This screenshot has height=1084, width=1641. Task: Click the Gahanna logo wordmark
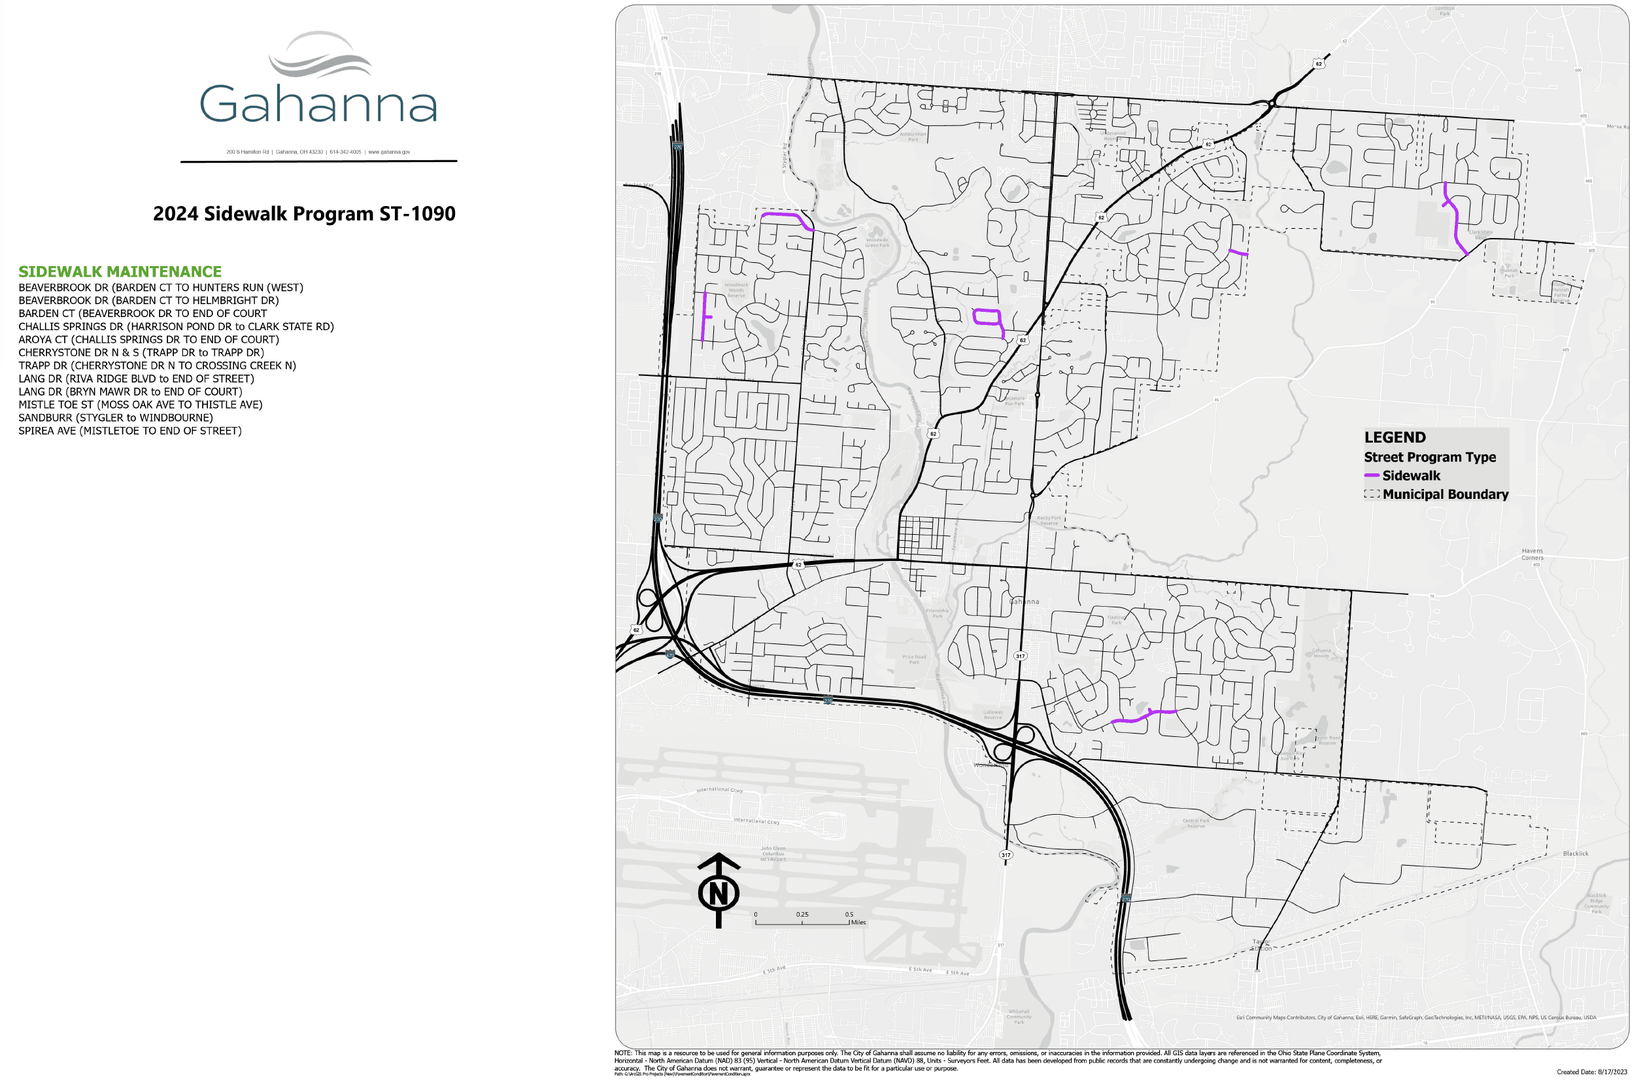pyautogui.click(x=318, y=104)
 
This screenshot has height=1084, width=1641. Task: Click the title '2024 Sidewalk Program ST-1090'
pyautogui.click(x=304, y=214)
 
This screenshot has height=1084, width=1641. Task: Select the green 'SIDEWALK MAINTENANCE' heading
pyautogui.click(x=120, y=272)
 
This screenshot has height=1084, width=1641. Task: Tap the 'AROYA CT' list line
pyautogui.click(x=148, y=339)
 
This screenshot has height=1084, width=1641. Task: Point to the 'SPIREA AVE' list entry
pyautogui.click(x=130, y=431)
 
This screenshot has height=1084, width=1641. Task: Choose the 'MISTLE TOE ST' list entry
pyautogui.click(x=141, y=405)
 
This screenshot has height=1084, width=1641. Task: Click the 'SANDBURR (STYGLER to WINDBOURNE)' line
pyautogui.click(x=116, y=418)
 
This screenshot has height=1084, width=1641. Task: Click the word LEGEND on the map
pyautogui.click(x=1395, y=437)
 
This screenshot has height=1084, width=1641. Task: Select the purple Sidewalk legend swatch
pyautogui.click(x=1371, y=475)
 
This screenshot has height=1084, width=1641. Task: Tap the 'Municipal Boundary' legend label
pyautogui.click(x=1445, y=494)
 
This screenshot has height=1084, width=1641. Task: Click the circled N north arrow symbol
pyautogui.click(x=719, y=892)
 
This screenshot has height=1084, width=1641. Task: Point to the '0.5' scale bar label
pyautogui.click(x=849, y=914)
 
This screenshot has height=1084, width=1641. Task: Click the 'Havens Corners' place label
pyautogui.click(x=1532, y=554)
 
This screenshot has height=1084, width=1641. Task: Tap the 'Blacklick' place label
pyautogui.click(x=1576, y=853)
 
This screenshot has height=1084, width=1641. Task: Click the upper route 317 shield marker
pyautogui.click(x=1021, y=655)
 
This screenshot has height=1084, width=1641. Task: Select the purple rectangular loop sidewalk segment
pyautogui.click(x=987, y=317)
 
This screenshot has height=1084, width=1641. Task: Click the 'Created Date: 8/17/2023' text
pyautogui.click(x=1591, y=1072)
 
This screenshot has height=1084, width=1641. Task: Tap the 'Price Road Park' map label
pyautogui.click(x=914, y=660)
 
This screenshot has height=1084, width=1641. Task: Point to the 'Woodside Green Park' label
pyautogui.click(x=877, y=243)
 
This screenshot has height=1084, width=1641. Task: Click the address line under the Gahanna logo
pyautogui.click(x=318, y=152)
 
